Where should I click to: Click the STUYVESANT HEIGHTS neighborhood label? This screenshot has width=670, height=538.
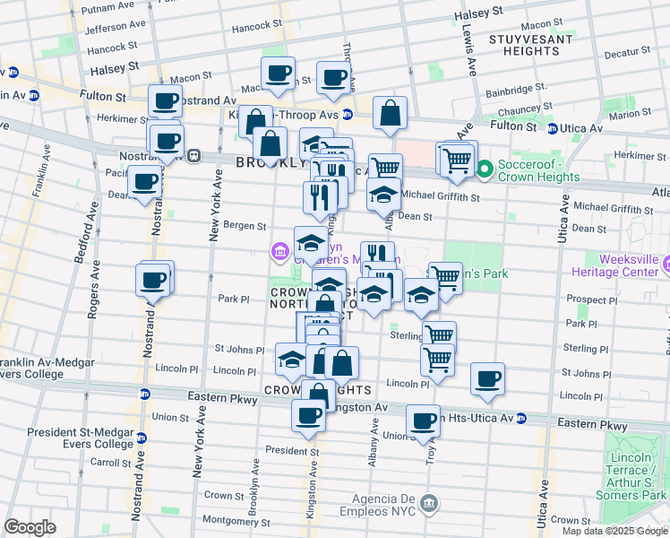click(x=525, y=44)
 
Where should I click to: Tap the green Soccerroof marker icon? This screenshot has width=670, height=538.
click(x=485, y=169)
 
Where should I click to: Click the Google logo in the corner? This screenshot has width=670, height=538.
click(x=30, y=527)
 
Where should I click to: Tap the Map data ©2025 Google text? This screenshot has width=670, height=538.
click(x=614, y=531)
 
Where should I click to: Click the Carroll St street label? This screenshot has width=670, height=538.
click(x=110, y=463)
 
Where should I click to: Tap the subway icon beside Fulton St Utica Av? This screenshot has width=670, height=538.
click(x=554, y=129)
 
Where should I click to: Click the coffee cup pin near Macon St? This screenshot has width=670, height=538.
click(x=278, y=73)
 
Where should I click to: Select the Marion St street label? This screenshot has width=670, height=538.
click(x=634, y=114)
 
